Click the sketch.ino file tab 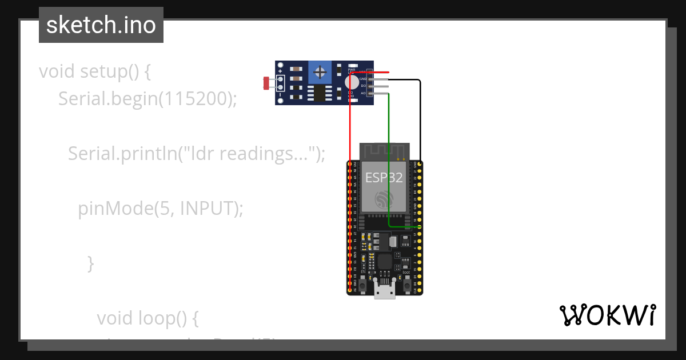(x=101, y=25)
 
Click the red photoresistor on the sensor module (x=266, y=83)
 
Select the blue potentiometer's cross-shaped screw (x=320, y=73)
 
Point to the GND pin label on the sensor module (x=362, y=79)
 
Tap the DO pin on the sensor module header (x=380, y=86)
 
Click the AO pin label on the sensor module (x=362, y=93)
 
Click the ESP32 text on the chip (x=384, y=178)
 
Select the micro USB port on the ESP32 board (x=385, y=290)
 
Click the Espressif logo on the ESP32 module (x=384, y=199)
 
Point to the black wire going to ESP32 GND (x=420, y=120)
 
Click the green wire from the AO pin (x=389, y=160)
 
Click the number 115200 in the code (x=194, y=99)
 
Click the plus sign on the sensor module (x=280, y=71)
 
